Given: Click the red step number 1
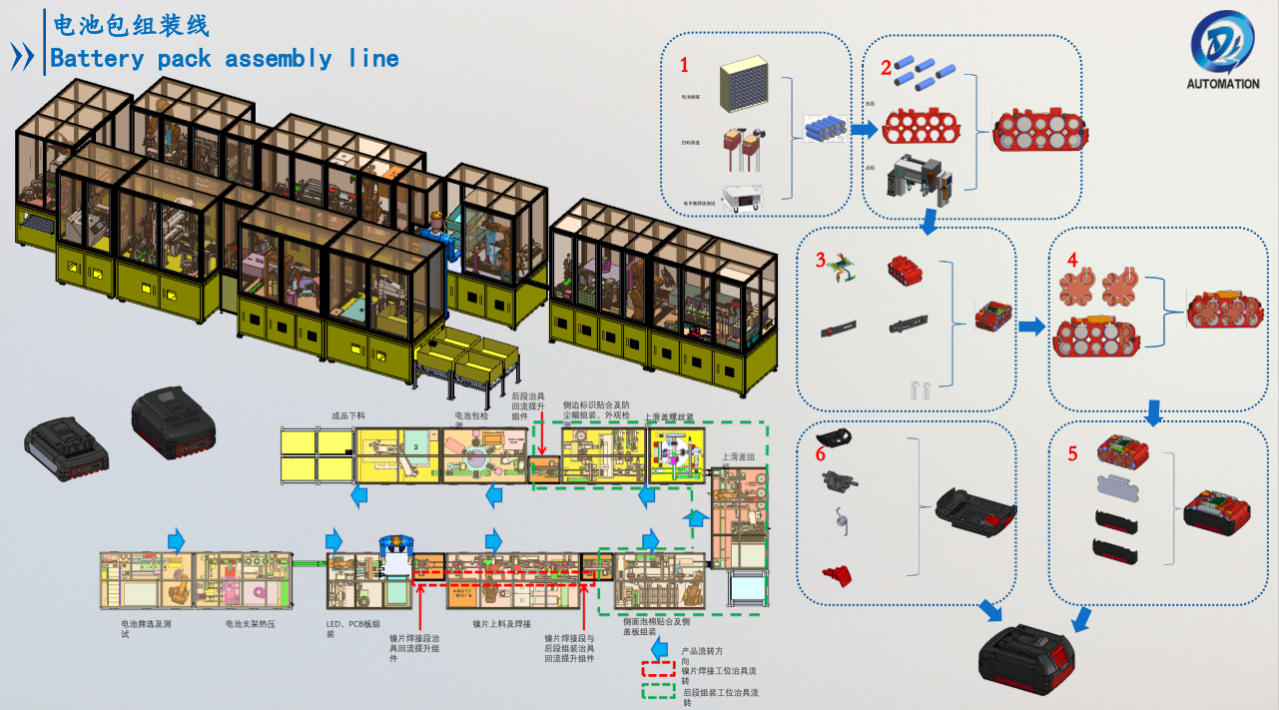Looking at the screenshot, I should [685, 66].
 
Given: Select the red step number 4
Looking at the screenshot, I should [1072, 260].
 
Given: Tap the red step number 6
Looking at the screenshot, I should [821, 453].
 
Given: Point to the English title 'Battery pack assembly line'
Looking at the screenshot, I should [225, 59].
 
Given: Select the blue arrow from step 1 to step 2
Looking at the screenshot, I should [864, 129].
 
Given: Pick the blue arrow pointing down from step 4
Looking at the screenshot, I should [1154, 411].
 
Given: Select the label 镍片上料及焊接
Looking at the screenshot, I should [501, 624].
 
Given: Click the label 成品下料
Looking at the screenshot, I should [351, 415].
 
